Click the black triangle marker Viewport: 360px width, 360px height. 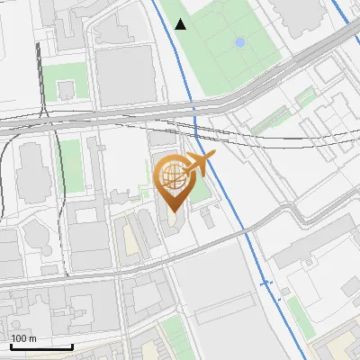[x=181, y=24]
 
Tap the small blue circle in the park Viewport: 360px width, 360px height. [x=239, y=42]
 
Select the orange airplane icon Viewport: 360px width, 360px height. [x=200, y=164]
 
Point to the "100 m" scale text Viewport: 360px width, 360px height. [x=23, y=338]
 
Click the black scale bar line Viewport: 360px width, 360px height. [x=41, y=346]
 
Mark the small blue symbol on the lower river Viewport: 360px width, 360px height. [x=265, y=283]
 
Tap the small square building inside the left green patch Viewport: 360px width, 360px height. [x=66, y=89]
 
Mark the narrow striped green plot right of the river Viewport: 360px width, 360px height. [x=270, y=117]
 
